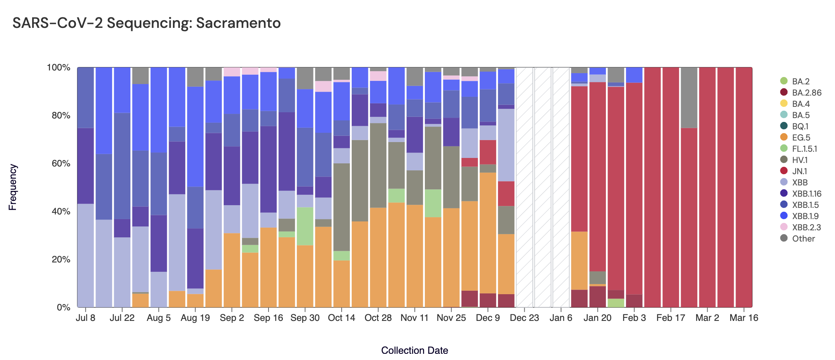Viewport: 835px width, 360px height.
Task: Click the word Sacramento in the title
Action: (238, 23)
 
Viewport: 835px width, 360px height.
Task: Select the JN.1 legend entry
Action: (799, 171)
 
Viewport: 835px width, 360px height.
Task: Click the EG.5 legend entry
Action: (801, 137)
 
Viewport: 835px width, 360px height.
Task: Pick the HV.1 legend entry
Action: (799, 160)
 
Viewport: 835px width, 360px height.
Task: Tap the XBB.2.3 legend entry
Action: (806, 227)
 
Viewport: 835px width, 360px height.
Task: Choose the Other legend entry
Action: (803, 238)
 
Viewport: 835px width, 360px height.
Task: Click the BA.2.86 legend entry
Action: (806, 93)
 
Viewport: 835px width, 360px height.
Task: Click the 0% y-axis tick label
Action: (63, 307)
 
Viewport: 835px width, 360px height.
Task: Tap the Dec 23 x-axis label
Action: (524, 318)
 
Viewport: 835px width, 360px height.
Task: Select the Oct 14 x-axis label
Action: (341, 318)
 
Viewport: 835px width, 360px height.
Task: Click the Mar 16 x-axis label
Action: (744, 318)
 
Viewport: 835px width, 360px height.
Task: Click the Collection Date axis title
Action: (414, 350)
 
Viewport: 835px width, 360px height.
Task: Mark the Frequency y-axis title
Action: (13, 187)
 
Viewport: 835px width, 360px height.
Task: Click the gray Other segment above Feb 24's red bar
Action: (689, 98)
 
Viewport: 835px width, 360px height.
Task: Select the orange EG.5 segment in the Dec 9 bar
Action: (488, 232)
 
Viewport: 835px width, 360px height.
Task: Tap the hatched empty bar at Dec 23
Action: (524, 187)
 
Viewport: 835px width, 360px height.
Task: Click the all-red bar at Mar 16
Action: (744, 187)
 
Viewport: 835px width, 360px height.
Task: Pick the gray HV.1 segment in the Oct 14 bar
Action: (341, 207)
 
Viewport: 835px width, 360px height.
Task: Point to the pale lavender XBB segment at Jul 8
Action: (86, 255)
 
